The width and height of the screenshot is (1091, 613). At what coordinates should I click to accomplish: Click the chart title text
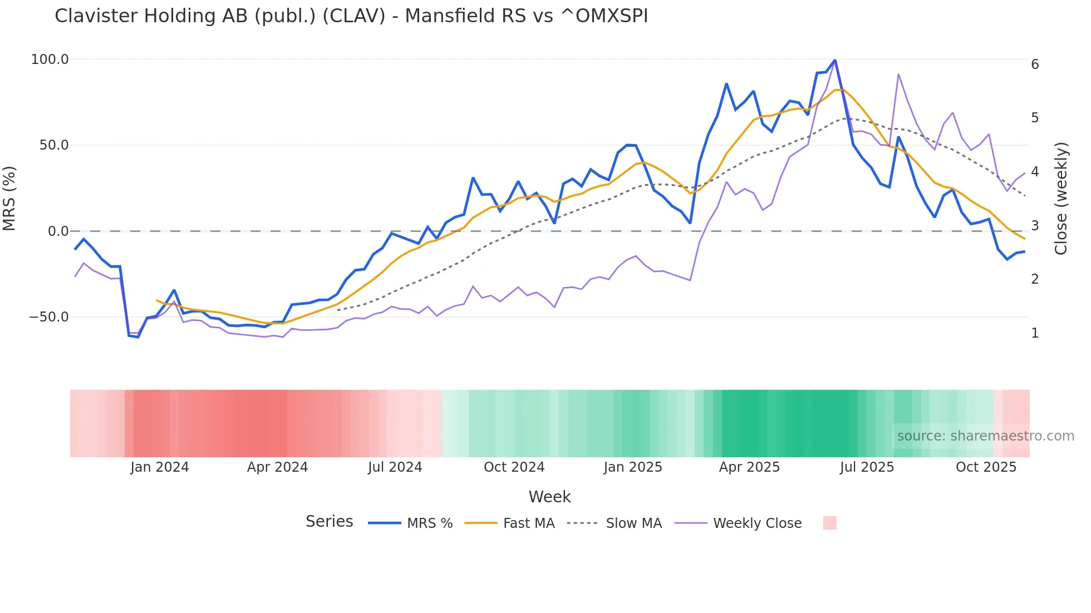pyautogui.click(x=351, y=16)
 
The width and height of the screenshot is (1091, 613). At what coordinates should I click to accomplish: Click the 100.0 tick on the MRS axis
pyautogui.click(x=50, y=60)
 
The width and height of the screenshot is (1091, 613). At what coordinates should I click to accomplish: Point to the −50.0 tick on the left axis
pyautogui.click(x=49, y=317)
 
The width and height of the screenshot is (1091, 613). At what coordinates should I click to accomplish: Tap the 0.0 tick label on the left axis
pyautogui.click(x=58, y=231)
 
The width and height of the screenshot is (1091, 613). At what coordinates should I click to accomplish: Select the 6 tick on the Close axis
pyautogui.click(x=1035, y=65)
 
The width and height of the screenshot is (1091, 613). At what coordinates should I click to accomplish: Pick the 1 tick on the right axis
pyautogui.click(x=1035, y=333)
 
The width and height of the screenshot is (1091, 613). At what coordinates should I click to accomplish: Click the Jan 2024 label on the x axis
pyautogui.click(x=160, y=467)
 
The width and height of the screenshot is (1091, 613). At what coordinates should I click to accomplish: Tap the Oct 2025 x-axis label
pyautogui.click(x=986, y=467)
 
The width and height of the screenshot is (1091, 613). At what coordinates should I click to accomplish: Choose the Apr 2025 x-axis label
pyautogui.click(x=749, y=467)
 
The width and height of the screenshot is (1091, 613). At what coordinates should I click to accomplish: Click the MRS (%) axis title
pyautogui.click(x=9, y=199)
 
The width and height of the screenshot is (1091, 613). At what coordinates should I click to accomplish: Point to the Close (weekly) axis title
pyautogui.click(x=1061, y=199)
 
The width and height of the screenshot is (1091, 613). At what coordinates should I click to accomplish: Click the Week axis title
pyautogui.click(x=549, y=497)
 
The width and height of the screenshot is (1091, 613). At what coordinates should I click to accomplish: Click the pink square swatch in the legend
pyautogui.click(x=829, y=523)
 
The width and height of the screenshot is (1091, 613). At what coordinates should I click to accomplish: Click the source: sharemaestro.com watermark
pyautogui.click(x=985, y=436)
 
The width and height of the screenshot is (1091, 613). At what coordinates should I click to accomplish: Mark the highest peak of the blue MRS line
pyautogui.click(x=835, y=60)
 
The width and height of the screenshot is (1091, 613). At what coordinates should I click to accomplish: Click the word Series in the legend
pyautogui.click(x=329, y=522)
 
